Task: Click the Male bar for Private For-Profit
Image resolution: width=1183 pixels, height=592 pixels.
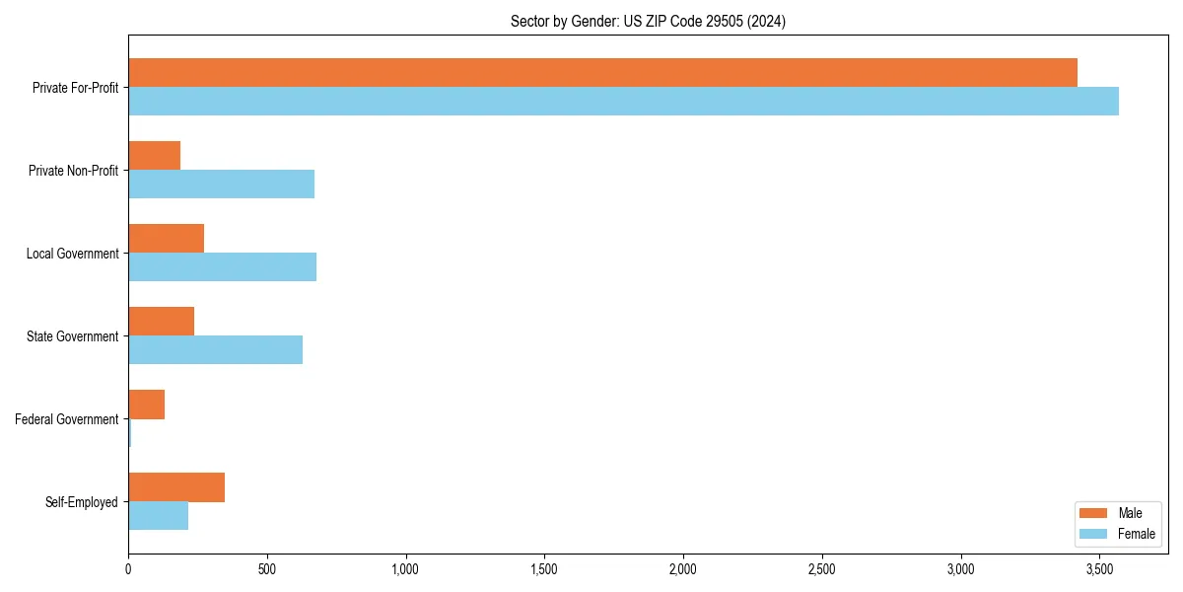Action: coord(602,73)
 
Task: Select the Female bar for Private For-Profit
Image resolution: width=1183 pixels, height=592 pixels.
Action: coord(623,102)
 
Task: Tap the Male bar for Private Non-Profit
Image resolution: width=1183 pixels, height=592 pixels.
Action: coord(155,156)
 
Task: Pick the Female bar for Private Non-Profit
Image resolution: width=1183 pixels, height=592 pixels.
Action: coord(221,185)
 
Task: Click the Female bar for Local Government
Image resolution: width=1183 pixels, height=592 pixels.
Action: coord(222,267)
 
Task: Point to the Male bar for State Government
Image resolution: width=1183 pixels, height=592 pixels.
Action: coord(162,322)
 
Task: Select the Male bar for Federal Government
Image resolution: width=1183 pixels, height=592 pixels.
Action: coord(146,405)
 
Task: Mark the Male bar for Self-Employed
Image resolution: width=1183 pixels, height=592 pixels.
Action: coord(176,487)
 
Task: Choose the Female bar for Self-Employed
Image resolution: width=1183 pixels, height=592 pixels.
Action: coord(158,516)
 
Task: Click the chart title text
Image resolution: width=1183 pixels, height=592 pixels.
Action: coord(648,21)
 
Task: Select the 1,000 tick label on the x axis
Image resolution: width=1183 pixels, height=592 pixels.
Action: coord(405,569)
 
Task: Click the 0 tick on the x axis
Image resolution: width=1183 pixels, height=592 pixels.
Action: coord(128,569)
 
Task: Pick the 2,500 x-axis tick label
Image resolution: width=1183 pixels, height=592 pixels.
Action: coord(821,569)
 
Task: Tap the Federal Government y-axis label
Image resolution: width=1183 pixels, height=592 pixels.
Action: coord(67,419)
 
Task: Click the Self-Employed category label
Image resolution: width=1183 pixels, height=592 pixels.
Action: coord(82,502)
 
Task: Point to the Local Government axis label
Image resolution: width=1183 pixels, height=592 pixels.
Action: coord(72,254)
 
